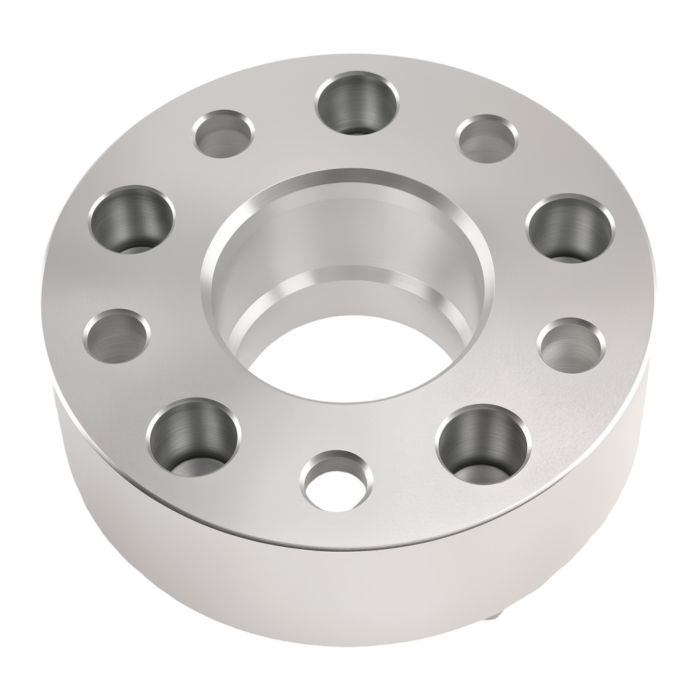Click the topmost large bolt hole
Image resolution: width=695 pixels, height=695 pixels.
click(357, 104)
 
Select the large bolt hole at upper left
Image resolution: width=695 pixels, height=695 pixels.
click(131, 218)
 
